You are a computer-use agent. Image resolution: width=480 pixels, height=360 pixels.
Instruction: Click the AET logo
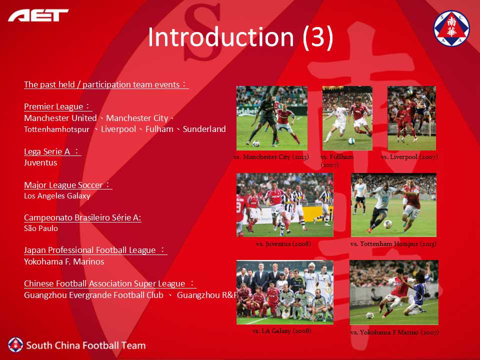(38, 15)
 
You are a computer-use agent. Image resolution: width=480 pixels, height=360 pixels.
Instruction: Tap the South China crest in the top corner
(451, 28)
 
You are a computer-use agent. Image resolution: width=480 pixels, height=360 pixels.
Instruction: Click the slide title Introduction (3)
(240, 37)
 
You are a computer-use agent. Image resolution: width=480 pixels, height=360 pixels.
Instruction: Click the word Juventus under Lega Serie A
(40, 162)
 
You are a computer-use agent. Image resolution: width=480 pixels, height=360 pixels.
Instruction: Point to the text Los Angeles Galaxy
(57, 196)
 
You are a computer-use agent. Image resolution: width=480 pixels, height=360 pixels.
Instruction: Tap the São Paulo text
(41, 228)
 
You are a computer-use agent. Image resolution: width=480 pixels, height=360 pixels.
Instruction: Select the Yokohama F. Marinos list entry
(64, 261)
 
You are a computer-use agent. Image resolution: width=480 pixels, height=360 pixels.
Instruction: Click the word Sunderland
(204, 129)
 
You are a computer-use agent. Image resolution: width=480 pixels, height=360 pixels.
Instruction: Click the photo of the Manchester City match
(272, 118)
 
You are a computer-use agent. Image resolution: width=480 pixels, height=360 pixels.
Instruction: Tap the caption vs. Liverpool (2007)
(409, 156)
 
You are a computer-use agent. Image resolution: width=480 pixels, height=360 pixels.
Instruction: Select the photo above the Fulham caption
(347, 118)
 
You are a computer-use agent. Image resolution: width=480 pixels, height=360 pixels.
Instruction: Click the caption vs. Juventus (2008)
(283, 243)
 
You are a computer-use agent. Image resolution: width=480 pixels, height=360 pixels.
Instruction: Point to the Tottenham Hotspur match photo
(393, 205)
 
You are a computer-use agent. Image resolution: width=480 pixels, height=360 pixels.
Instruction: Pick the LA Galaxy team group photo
(284, 292)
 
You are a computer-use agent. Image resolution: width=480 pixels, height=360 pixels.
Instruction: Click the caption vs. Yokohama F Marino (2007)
(394, 332)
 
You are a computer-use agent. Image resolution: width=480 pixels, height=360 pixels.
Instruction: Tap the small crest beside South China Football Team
(15, 345)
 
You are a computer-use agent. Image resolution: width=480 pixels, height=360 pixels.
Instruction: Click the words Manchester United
(60, 118)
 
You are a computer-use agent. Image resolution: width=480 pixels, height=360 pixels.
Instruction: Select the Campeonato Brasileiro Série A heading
(82, 217)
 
